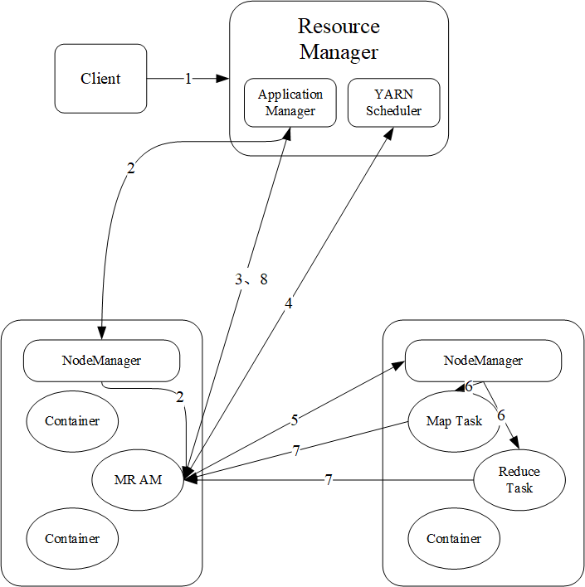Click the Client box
pos(100,79)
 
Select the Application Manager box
pos(290,103)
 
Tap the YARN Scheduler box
pos(393,103)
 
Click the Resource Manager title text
pos(339,39)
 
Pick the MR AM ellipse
pos(138,480)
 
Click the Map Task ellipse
pos(454,421)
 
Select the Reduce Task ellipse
pos(519,480)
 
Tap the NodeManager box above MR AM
pos(101,361)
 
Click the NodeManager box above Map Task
pos(483,361)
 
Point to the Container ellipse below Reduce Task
pos(454,539)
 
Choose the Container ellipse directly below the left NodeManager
pos(72,421)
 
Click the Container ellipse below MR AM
pos(72,539)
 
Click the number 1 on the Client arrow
pos(188,79)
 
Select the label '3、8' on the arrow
pos(251,279)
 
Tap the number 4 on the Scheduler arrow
pos(288,303)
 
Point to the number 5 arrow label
pos(295,420)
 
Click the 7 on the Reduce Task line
pos(329,480)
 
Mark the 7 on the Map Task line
pos(296,451)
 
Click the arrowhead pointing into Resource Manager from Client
pos(223,79)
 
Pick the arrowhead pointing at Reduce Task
pos(515,443)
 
